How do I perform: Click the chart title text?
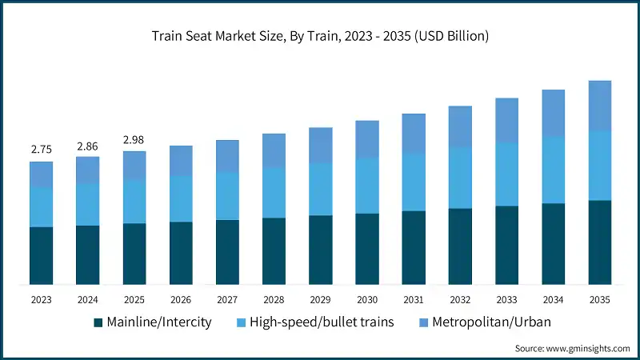click(320, 36)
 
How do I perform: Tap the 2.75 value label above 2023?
click(41, 150)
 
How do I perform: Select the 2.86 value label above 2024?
click(88, 146)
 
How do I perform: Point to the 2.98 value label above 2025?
click(134, 140)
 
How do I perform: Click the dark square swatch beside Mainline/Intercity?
click(98, 322)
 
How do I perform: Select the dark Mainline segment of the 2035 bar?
click(600, 242)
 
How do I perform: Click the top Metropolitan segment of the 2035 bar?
click(600, 105)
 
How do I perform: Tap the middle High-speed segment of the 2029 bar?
click(321, 189)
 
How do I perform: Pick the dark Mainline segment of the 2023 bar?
click(41, 255)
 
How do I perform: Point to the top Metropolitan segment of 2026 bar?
click(181, 160)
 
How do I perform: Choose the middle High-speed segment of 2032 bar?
click(460, 178)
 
